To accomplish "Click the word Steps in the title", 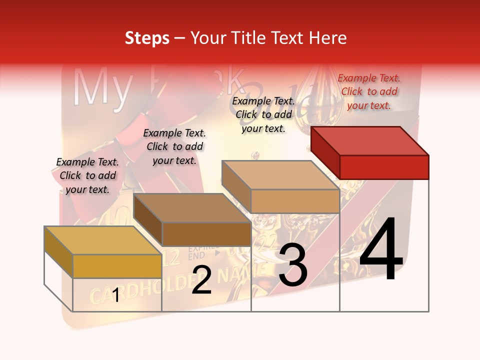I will pyautogui.click(x=147, y=38).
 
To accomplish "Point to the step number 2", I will pyautogui.click(x=201, y=280).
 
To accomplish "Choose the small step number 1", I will pyautogui.click(x=116, y=295).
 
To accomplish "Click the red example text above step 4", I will pyautogui.click(x=369, y=91).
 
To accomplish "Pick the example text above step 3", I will pyautogui.click(x=263, y=114).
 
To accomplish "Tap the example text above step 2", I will pyautogui.click(x=174, y=146).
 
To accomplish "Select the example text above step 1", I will pyautogui.click(x=87, y=175).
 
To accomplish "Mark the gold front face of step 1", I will pyautogui.click(x=117, y=266).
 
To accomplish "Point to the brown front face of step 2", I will pyautogui.click(x=206, y=234).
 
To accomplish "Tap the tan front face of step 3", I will pyautogui.click(x=295, y=201).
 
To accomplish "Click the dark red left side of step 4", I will pyautogui.click(x=325, y=152).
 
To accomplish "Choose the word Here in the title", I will pyautogui.click(x=328, y=38).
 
